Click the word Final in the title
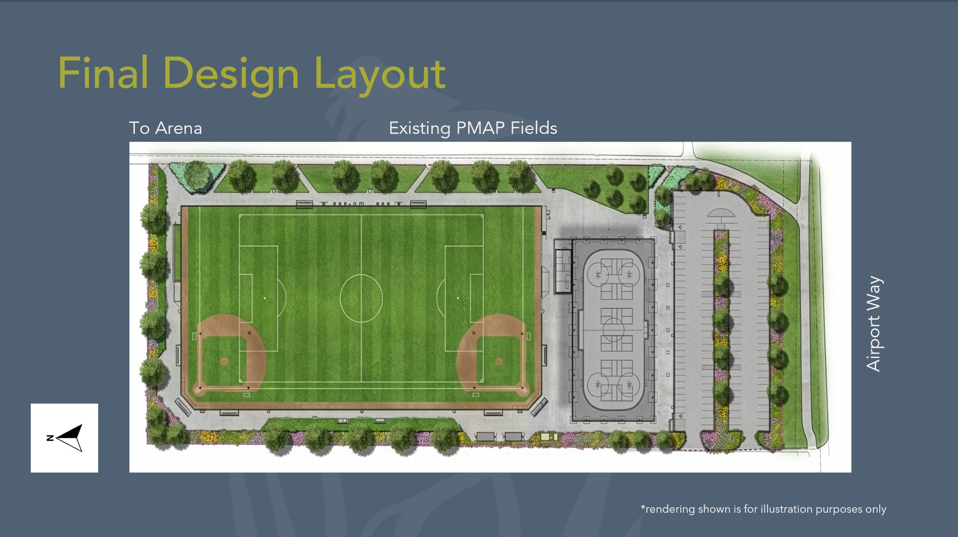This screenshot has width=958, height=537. [x=103, y=73]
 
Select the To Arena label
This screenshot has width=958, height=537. [x=166, y=128]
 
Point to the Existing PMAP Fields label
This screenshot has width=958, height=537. [x=473, y=128]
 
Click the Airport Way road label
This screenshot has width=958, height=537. [x=874, y=323]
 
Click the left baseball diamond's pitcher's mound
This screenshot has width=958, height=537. [x=224, y=361]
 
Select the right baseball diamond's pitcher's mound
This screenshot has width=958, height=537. [x=499, y=361]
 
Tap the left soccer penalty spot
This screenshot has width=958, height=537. [x=265, y=298]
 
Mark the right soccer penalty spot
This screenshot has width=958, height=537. [x=458, y=298]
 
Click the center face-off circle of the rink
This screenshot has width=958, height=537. [x=613, y=329]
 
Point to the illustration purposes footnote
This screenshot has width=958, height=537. [x=763, y=509]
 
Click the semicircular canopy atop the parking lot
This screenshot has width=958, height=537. [x=721, y=214]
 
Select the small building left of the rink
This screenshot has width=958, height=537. [x=563, y=271]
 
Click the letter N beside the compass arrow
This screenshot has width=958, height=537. [x=50, y=438]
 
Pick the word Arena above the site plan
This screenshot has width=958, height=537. [x=179, y=128]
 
